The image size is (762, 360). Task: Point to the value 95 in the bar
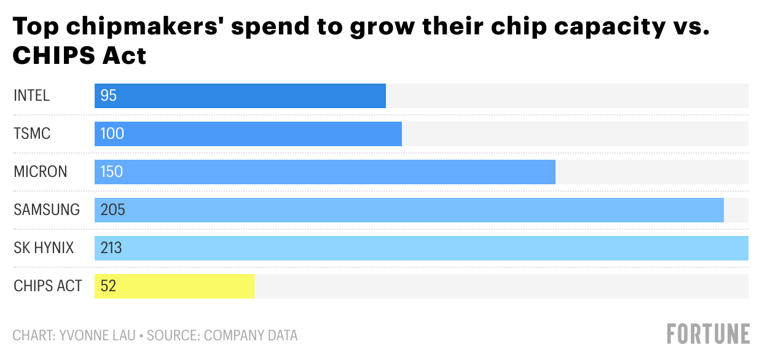[x=109, y=96]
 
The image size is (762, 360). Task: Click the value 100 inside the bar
[x=112, y=134]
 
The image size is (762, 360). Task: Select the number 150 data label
[x=112, y=172]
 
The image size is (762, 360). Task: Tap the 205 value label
[x=112, y=210]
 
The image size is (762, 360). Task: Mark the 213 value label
[x=112, y=248]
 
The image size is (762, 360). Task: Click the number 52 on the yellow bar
[x=108, y=286]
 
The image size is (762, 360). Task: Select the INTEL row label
[x=31, y=96]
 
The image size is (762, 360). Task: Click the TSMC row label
[x=32, y=134]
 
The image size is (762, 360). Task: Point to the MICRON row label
[x=41, y=172]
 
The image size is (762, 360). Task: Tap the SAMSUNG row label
[x=47, y=210]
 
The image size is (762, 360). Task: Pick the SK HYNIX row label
[x=44, y=248]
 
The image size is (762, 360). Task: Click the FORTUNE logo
[x=709, y=334]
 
